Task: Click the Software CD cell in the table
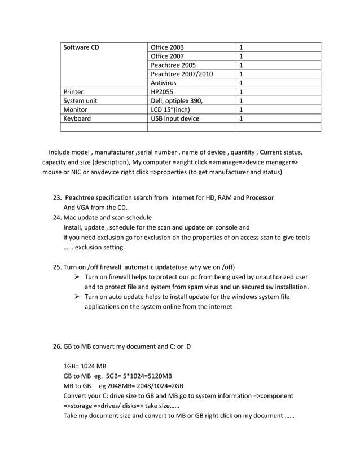tap(81, 47)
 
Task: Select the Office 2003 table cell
tap(168, 47)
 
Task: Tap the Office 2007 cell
tap(168, 56)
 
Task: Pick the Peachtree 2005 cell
tap(173, 65)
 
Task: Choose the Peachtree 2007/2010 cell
tap(182, 74)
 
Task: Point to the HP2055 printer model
tap(164, 92)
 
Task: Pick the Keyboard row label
tap(77, 119)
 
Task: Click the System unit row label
tap(81, 101)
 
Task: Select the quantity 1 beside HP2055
tap(242, 92)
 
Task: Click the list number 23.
tap(57, 198)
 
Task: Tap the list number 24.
tap(57, 218)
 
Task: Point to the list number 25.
tap(57, 267)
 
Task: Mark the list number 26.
tap(57, 346)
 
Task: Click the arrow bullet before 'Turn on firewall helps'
tap(77, 278)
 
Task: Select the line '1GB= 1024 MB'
tap(85, 366)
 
